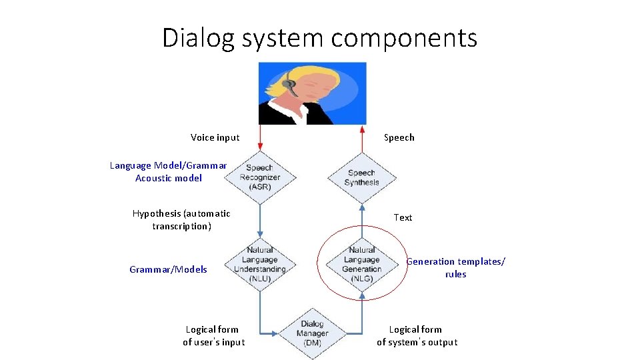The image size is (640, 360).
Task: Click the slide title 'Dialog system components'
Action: [x=320, y=38]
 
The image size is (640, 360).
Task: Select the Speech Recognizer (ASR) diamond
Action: [x=259, y=177]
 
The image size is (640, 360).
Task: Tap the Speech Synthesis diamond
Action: [x=362, y=178]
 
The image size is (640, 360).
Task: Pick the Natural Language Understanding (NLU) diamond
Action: [x=259, y=264]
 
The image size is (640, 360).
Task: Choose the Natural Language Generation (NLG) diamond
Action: [x=362, y=264]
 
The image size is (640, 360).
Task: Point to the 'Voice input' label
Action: [x=215, y=137]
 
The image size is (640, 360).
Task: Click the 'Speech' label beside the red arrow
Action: [x=399, y=137]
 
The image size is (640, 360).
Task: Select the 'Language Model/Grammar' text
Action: [x=168, y=165]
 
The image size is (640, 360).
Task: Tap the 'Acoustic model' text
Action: [x=168, y=178]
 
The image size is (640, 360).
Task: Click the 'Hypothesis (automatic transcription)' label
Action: [x=181, y=220]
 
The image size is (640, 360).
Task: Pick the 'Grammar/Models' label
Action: [x=168, y=269]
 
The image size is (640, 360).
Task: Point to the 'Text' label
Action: [x=403, y=217]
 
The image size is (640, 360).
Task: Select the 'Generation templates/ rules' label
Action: [x=456, y=268]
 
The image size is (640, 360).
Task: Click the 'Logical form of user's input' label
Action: [x=213, y=335]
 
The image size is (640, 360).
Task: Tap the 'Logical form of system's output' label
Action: [x=417, y=335]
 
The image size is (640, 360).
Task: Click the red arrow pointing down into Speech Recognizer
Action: [x=259, y=140]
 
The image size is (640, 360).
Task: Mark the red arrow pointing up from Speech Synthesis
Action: [x=362, y=140]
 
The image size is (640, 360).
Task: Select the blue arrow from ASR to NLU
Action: [x=259, y=220]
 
